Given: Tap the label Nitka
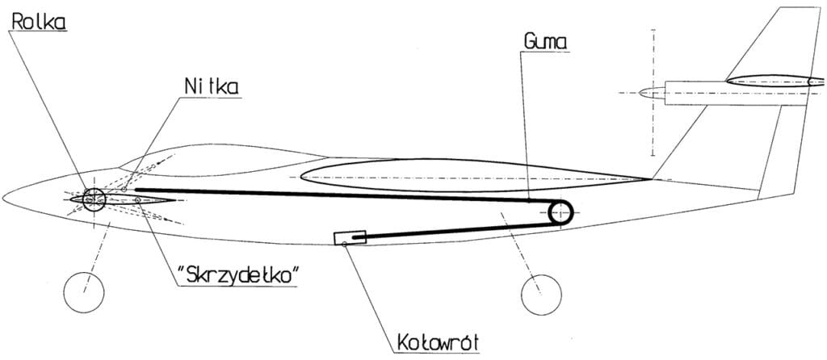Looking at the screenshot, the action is [x=211, y=86].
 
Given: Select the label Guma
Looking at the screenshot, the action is [x=545, y=42].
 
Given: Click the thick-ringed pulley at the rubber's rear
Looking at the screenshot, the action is [x=548, y=213].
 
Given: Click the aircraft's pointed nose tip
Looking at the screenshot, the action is [x=3, y=199].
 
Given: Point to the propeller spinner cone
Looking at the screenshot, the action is [x=652, y=93].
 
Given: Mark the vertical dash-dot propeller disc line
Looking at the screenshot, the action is [x=653, y=93].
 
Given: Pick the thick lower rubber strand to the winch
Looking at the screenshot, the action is [x=454, y=232].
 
